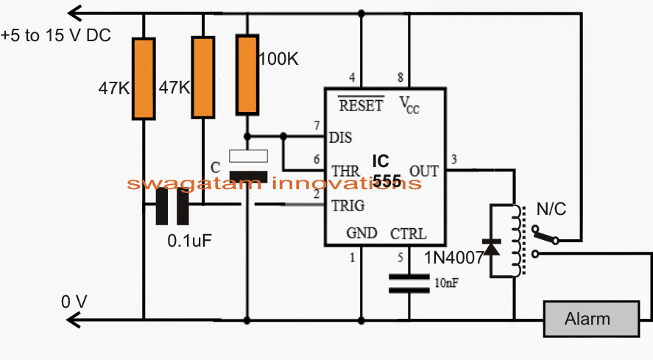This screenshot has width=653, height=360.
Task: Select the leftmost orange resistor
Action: tap(144, 79)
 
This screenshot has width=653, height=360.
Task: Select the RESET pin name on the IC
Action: tap(360, 105)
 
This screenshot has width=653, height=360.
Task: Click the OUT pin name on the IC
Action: tap(423, 171)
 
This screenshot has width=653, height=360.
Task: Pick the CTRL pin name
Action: tap(407, 233)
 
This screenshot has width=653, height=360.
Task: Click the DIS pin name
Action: tap(340, 138)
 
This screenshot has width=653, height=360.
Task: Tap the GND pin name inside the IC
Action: tap(361, 233)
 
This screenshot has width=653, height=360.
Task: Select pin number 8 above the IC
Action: tap(400, 78)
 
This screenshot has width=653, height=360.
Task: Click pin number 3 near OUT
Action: tap(453, 160)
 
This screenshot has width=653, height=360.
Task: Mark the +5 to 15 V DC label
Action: tap(56, 35)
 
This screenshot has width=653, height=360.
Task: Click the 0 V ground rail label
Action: tap(75, 301)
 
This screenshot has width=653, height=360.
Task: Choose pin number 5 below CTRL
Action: tap(400, 258)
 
